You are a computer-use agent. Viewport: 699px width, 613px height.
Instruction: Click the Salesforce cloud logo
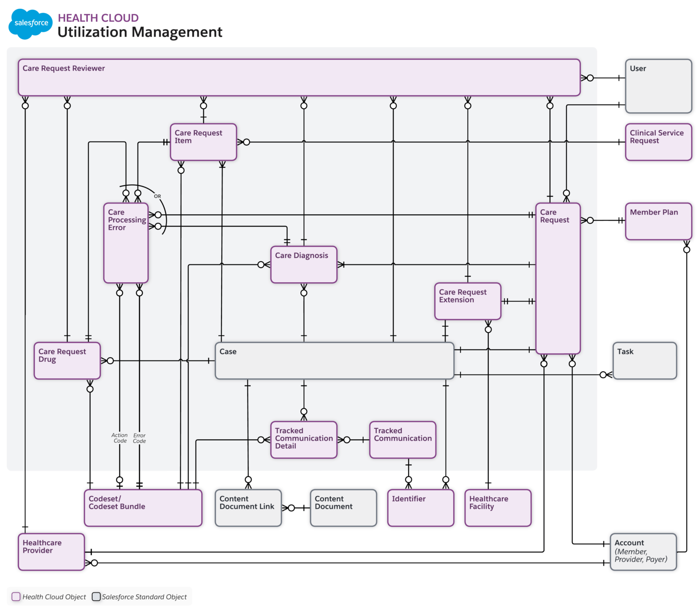pos(30,24)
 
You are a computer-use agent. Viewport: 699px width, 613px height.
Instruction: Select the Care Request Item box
pos(203,142)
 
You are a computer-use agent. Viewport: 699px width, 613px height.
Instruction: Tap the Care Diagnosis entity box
pos(304,265)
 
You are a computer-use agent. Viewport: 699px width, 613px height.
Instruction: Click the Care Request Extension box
pos(468,301)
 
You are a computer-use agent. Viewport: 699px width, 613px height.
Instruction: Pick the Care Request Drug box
pos(67,360)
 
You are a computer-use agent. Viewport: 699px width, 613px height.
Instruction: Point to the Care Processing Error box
pos(126,243)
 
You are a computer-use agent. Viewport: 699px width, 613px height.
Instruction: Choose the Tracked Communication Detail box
pos(304,440)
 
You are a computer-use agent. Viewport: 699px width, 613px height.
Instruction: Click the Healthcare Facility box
pos(498,508)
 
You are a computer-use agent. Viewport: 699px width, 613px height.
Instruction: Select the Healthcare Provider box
pos(51,552)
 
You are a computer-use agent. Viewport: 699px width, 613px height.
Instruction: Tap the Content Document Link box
pos(248,508)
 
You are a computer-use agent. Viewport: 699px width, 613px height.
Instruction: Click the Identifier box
pos(420,508)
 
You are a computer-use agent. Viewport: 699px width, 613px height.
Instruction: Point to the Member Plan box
pos(658,221)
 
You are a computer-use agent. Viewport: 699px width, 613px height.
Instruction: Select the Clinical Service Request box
pos(658,142)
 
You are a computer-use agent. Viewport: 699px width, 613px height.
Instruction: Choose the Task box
pos(644,360)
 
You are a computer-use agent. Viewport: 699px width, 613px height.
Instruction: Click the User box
pos(658,86)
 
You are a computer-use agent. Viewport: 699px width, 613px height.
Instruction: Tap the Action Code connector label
pos(120,438)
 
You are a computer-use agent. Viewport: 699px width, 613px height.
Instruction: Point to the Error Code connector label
pos(139,438)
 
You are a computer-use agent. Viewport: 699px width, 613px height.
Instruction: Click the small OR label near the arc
pos(157,196)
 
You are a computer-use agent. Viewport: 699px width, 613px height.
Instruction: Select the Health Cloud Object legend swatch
pos(16,597)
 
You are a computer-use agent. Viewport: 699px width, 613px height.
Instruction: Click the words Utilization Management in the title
pos(140,32)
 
